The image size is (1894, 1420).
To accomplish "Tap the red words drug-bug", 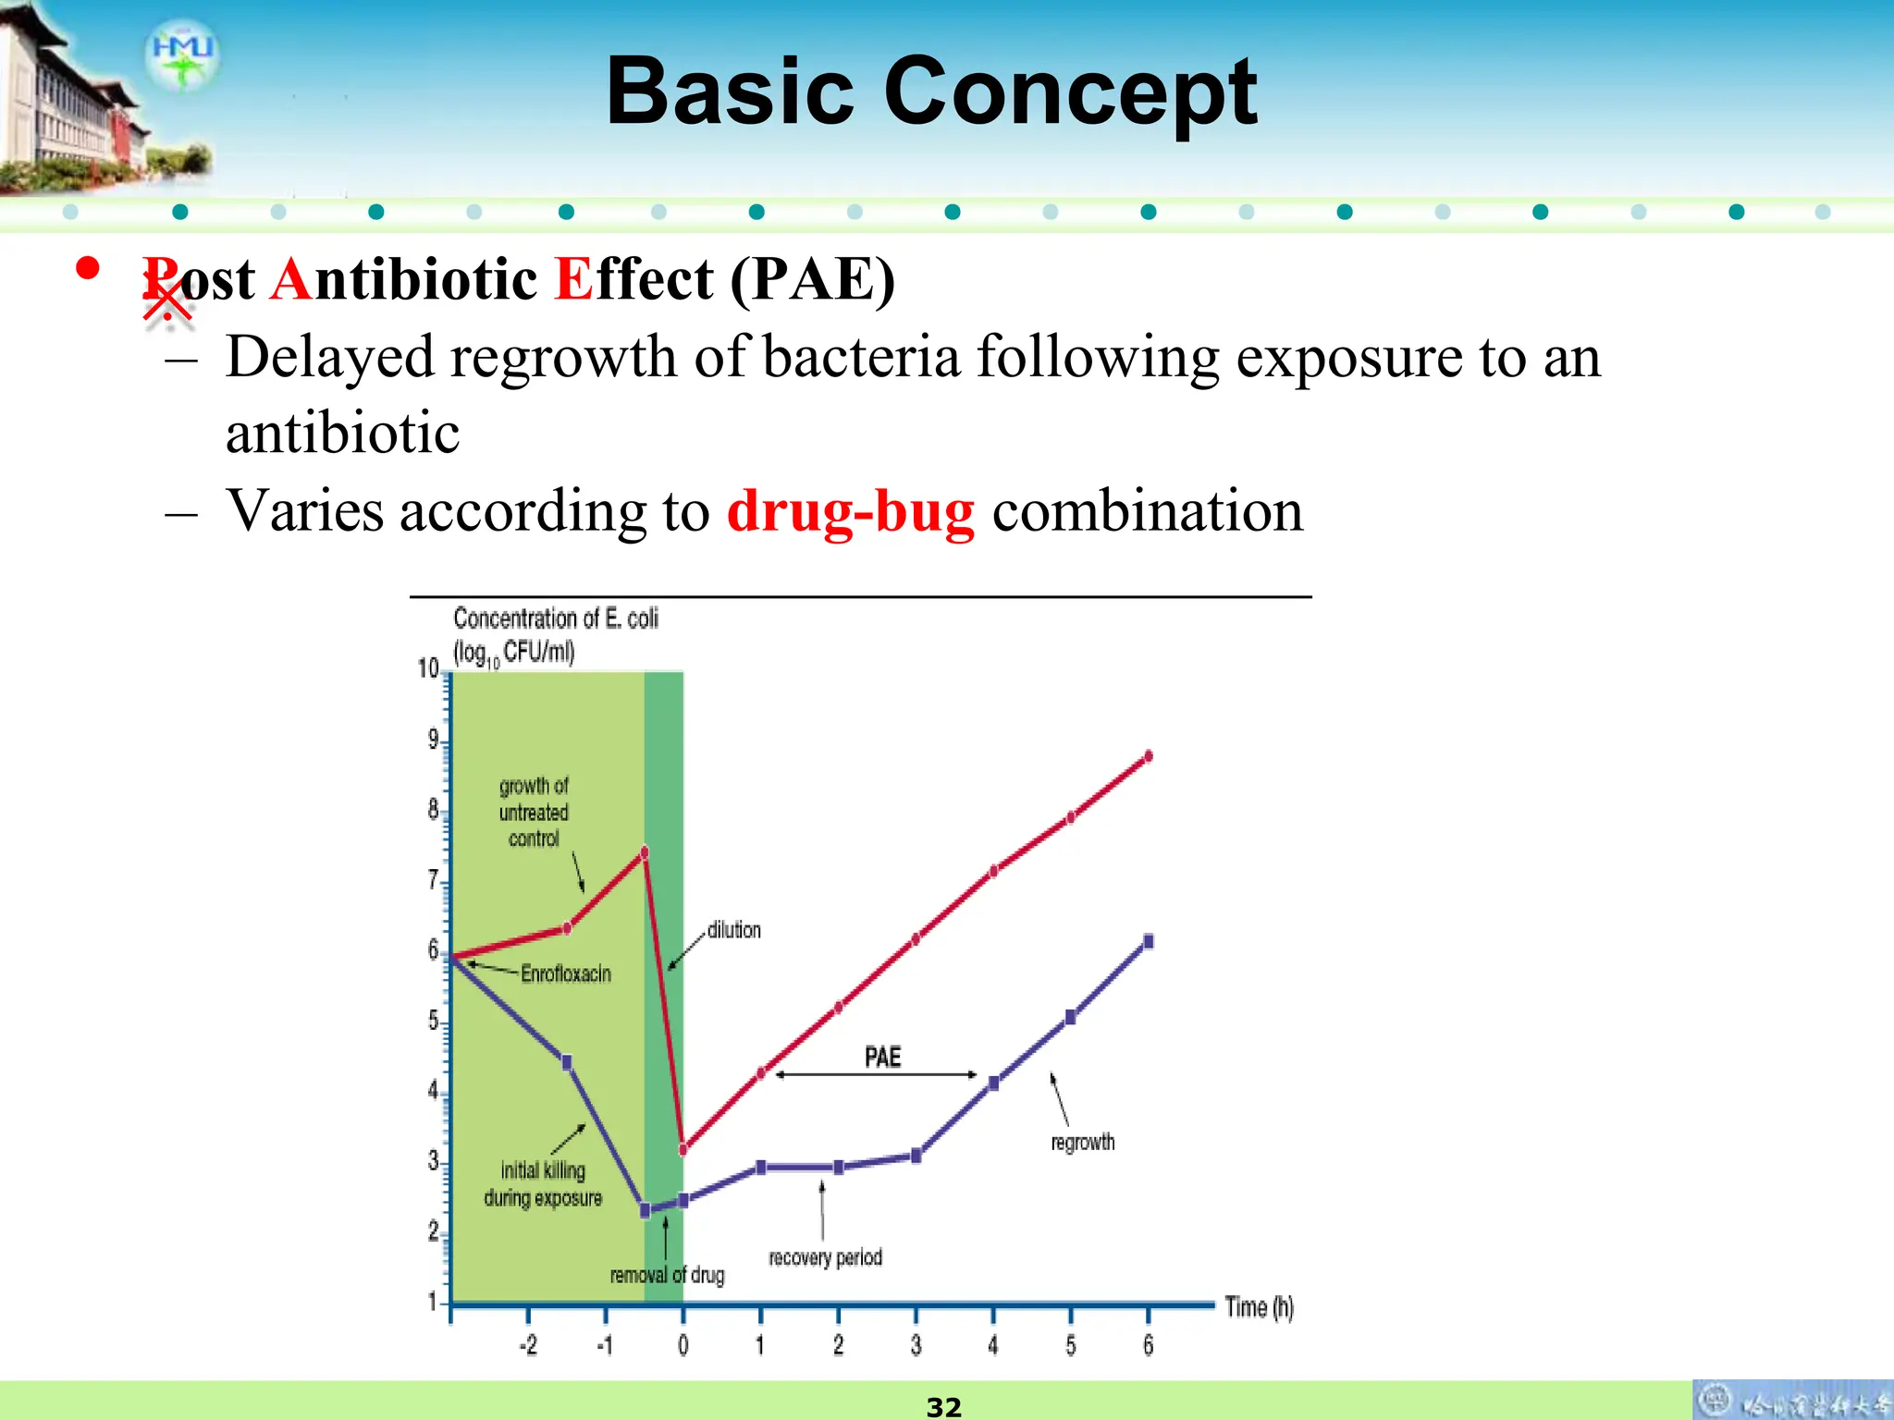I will coord(850,511).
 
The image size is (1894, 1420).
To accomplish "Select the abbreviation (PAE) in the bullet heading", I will coord(812,279).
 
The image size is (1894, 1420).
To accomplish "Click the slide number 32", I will coord(943,1406).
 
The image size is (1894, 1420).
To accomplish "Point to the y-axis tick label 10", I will coord(428,667).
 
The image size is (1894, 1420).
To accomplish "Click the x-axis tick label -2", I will coord(527,1345).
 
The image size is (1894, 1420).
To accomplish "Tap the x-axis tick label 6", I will coord(1148,1345).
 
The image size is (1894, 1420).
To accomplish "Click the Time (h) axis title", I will coord(1259,1307).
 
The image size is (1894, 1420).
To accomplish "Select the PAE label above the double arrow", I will coord(882,1057).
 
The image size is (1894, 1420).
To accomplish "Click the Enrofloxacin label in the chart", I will coord(565,973).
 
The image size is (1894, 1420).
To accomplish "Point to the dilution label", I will coord(733,930).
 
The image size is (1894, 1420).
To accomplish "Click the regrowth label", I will coord(1082,1143).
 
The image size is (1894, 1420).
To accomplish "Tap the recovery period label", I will coord(825,1257).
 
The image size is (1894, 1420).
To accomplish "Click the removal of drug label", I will coord(667,1275).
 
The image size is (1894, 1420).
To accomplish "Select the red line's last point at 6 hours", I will coord(1149,756).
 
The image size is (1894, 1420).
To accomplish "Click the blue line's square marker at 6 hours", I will coord(1149,942).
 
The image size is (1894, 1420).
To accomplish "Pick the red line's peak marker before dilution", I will coord(645,852).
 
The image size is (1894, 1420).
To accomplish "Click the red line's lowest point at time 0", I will coord(683,1150).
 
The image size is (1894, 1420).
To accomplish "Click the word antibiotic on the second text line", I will coord(342,434).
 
